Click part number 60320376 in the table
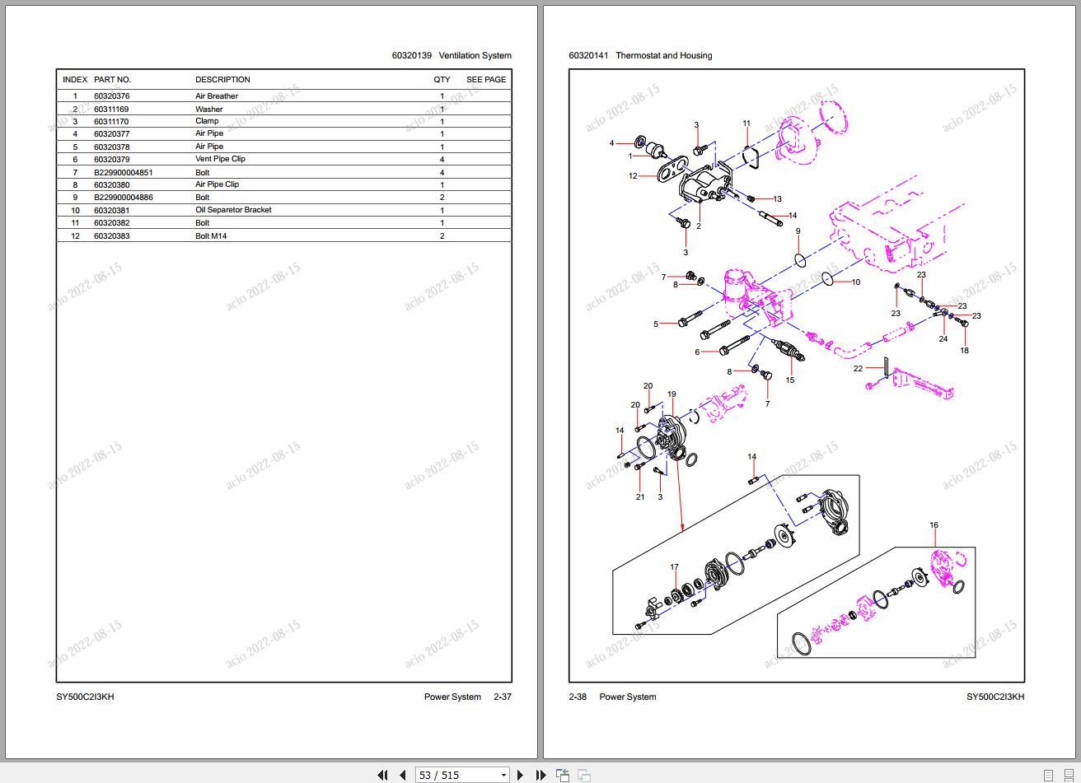[111, 96]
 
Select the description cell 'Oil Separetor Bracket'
[233, 210]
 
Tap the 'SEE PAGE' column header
[486, 80]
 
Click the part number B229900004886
[123, 198]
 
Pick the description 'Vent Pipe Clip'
[220, 159]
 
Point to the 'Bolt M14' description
[211, 236]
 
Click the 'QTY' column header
[442, 80]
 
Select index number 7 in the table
[75, 173]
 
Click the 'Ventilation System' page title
[475, 56]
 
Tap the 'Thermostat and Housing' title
[663, 56]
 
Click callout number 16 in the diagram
[934, 525]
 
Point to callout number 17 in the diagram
[674, 567]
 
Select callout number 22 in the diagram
[858, 369]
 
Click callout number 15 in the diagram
[790, 380]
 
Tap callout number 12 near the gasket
[633, 176]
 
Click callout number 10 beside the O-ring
[856, 282]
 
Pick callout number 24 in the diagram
[943, 339]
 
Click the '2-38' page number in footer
[578, 697]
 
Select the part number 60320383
[111, 236]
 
